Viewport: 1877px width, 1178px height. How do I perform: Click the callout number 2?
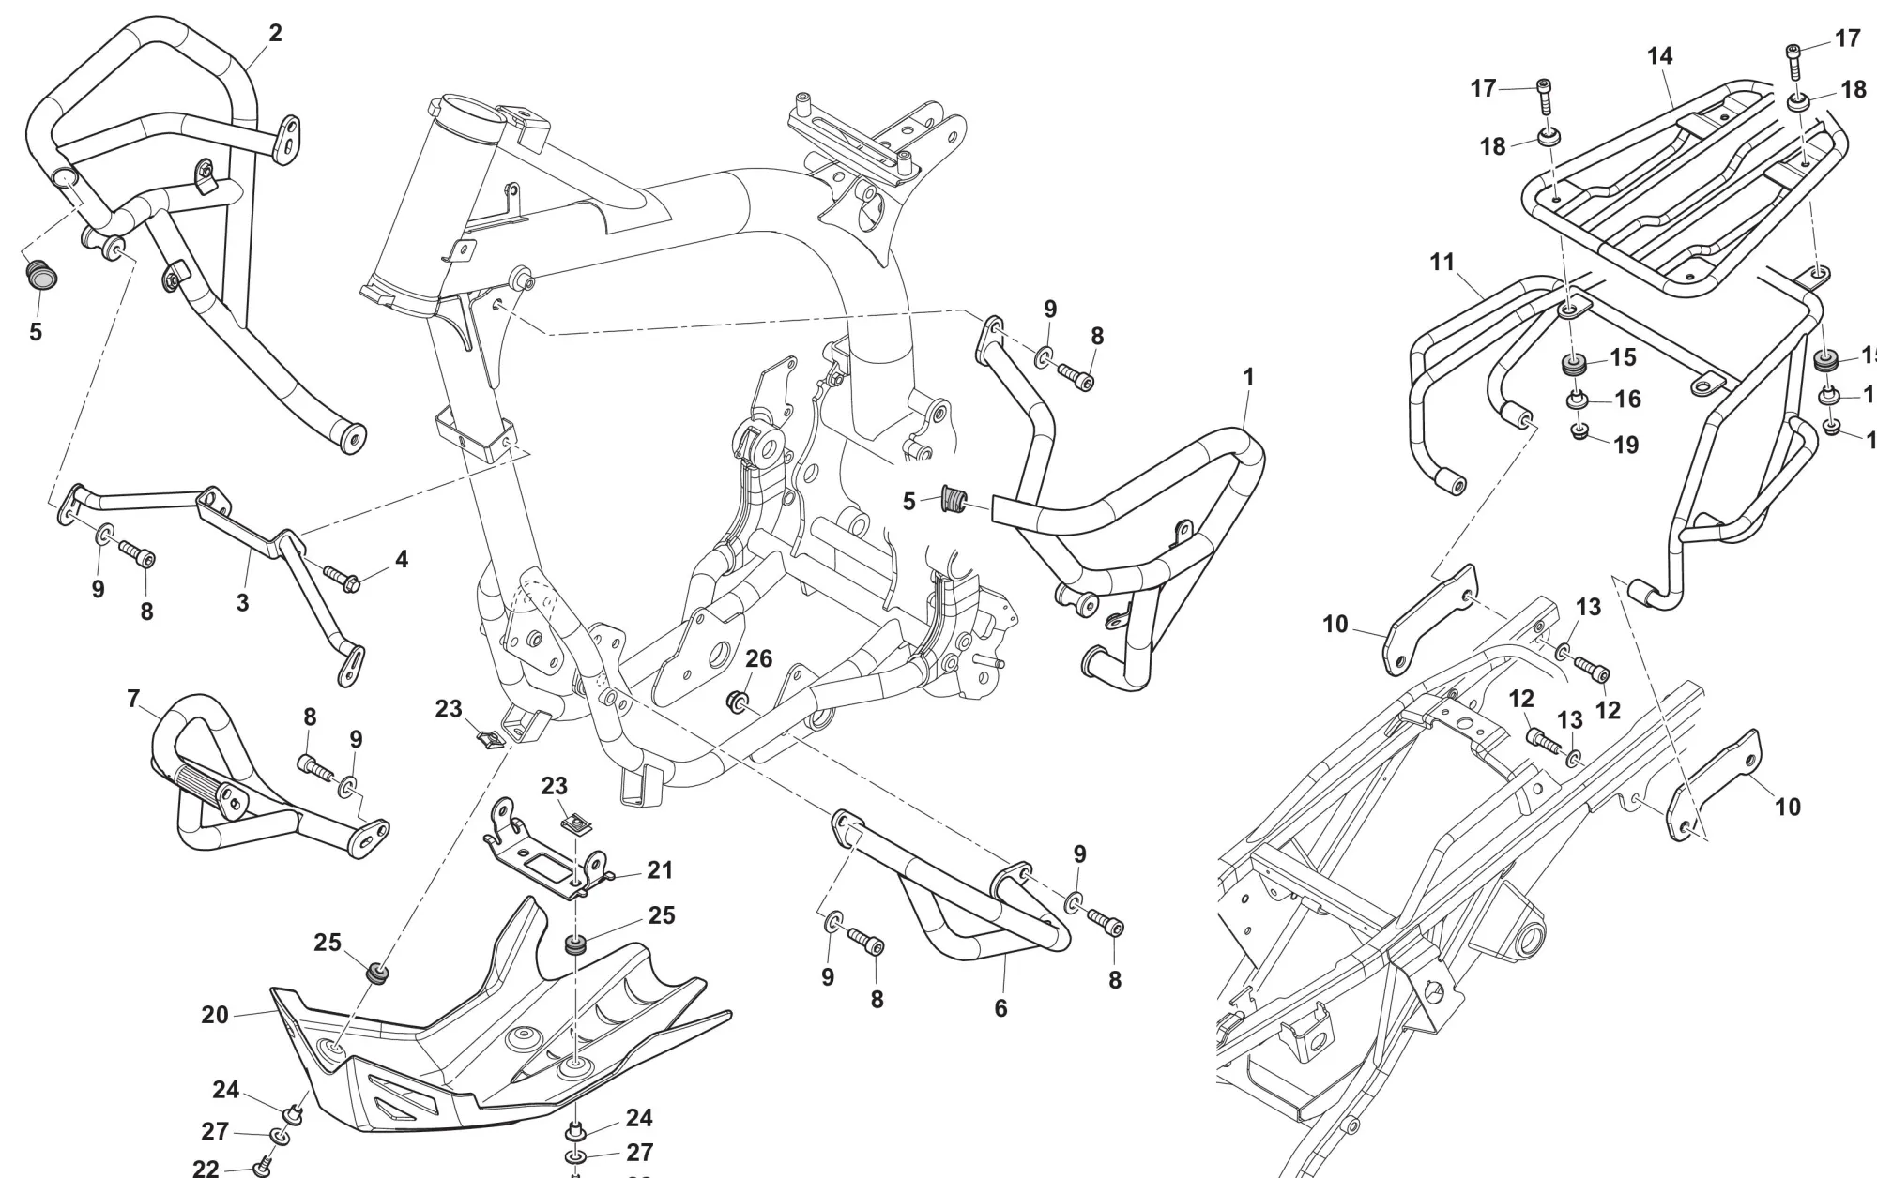(x=275, y=34)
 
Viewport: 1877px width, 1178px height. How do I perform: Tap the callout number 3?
(x=242, y=602)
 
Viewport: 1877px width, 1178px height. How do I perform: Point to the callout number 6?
(x=1000, y=1008)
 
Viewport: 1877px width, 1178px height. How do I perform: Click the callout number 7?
(x=133, y=699)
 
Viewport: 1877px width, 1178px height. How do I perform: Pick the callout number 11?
(x=1442, y=262)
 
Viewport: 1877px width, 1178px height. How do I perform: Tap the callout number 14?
(x=1659, y=56)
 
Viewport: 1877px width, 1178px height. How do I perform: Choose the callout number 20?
(x=215, y=1015)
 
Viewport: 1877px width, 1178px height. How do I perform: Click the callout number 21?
(x=660, y=870)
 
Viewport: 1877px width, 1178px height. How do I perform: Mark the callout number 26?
(x=758, y=659)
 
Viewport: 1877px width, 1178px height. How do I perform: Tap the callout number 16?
(x=1627, y=400)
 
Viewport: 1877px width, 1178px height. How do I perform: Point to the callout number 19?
(x=1625, y=444)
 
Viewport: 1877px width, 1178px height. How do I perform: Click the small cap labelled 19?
(x=1580, y=432)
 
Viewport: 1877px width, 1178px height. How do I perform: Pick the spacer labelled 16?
(x=1579, y=400)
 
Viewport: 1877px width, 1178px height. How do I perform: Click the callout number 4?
(x=402, y=560)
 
